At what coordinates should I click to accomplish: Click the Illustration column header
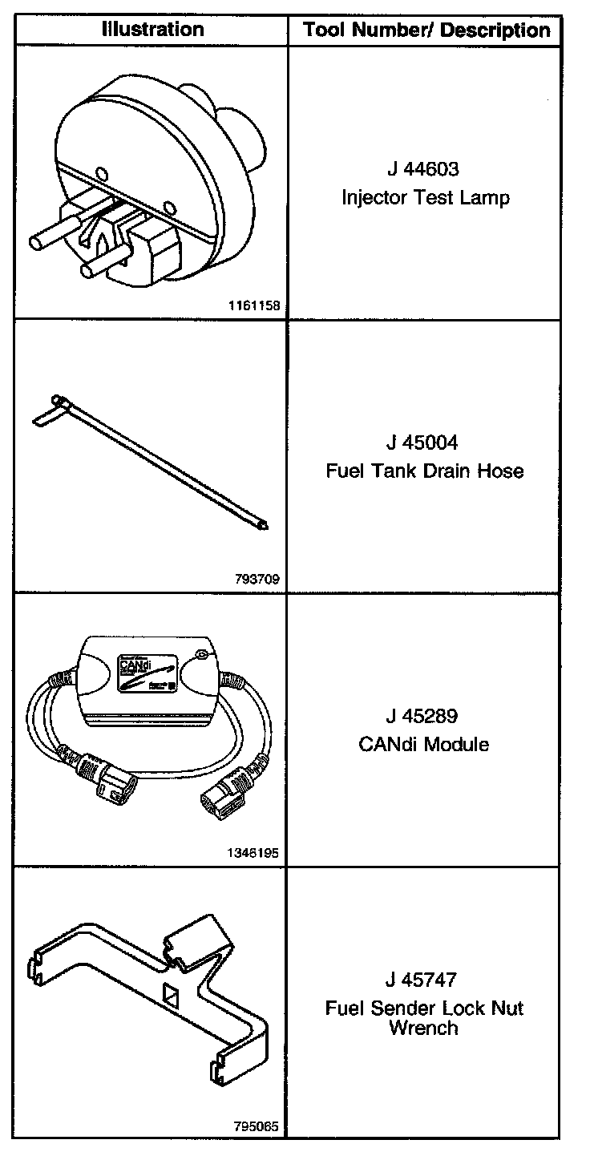coord(153,30)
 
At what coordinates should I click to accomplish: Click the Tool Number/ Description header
coord(426,31)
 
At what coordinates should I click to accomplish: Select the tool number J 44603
coord(422,170)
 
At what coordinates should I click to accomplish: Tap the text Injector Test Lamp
coord(425,197)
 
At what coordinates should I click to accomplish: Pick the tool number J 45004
coord(422,443)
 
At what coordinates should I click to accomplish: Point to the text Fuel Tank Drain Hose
coord(424,471)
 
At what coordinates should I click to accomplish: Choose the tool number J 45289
coord(422,716)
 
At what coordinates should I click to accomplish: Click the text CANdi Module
coord(423,744)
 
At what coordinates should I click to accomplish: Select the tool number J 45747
coord(422,980)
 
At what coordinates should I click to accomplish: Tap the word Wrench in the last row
coord(423,1028)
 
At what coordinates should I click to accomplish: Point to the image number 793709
coord(258,579)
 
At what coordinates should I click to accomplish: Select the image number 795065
coord(258,1126)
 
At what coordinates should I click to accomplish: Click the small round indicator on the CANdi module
coord(202,655)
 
